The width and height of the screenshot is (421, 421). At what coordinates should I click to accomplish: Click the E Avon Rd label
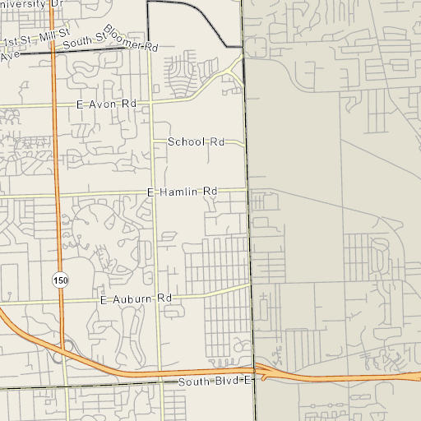(106, 105)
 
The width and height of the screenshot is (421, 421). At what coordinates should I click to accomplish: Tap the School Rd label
(196, 142)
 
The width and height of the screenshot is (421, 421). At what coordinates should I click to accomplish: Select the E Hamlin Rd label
(182, 192)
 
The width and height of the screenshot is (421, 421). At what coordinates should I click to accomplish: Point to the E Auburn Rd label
(136, 298)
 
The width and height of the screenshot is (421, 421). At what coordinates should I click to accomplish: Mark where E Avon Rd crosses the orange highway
(55, 106)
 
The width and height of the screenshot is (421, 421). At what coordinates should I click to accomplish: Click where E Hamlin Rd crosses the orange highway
(58, 195)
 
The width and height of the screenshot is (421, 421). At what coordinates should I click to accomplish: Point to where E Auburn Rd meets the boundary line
(250, 287)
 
